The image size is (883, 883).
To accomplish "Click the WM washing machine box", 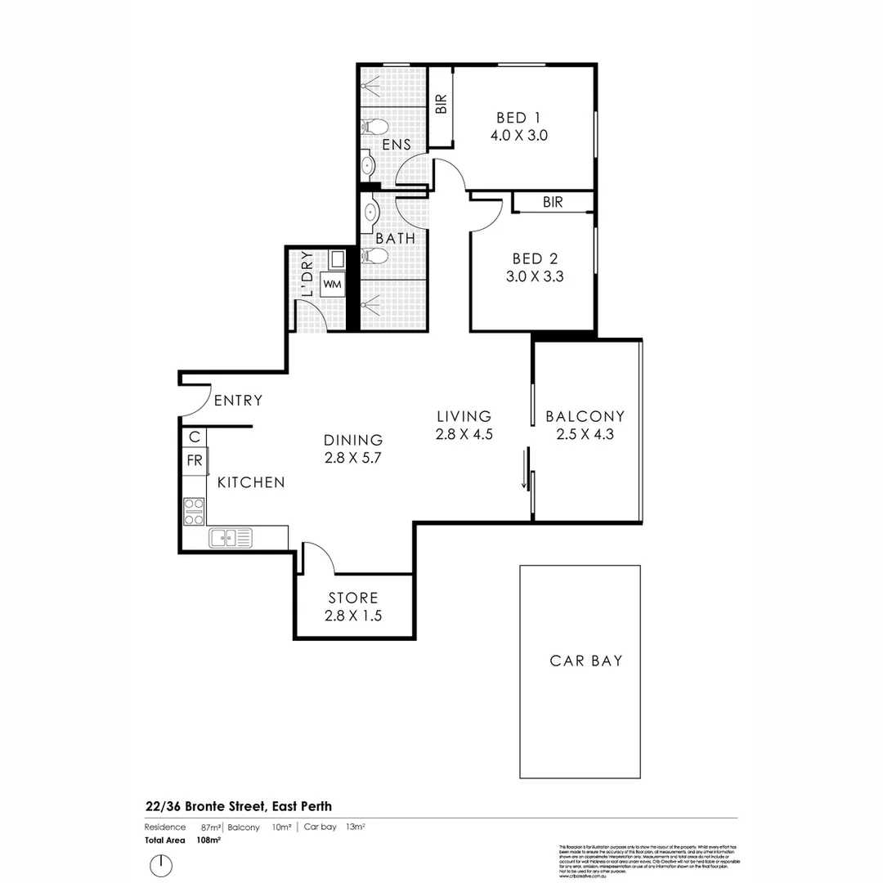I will (332, 285).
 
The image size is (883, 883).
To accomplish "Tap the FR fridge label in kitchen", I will (194, 460).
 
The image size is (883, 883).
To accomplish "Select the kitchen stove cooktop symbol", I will (194, 511).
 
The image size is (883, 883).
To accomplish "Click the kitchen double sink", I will (231, 537).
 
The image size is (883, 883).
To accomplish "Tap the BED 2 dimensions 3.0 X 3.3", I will (535, 276).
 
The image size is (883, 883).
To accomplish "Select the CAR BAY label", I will (585, 661).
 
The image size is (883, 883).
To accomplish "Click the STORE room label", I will (353, 598).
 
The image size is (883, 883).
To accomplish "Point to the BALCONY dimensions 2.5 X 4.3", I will (585, 434).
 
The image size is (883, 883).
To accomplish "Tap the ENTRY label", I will (238, 401).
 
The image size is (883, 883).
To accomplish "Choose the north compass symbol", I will (162, 863).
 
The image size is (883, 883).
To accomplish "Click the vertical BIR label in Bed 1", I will (441, 104).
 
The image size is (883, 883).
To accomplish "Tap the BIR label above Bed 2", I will (553, 202).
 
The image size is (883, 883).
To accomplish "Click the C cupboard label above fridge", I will (194, 437).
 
